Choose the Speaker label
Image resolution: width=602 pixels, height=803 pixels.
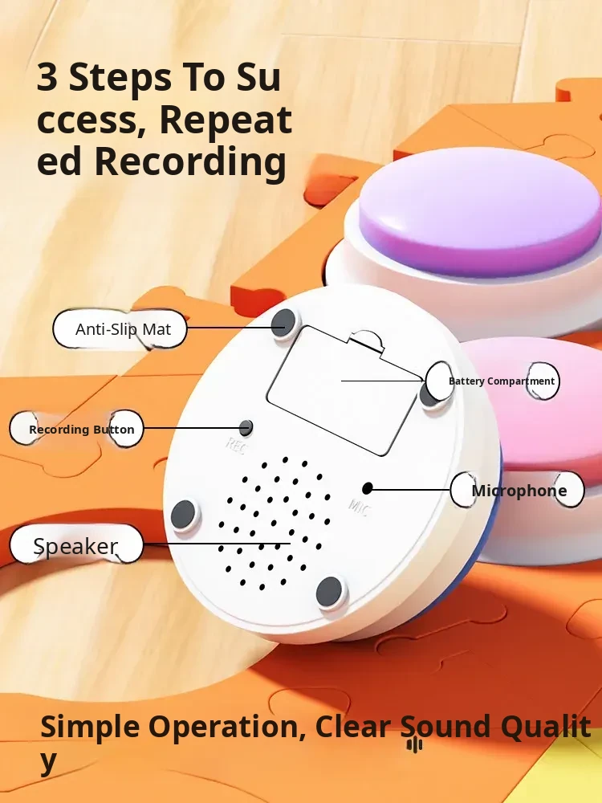click(x=76, y=545)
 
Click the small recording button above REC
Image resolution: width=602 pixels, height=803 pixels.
click(x=246, y=428)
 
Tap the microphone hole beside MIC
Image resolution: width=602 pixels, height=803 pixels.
click(x=367, y=488)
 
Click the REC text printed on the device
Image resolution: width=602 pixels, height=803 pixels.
click(x=237, y=446)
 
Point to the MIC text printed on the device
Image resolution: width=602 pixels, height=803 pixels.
click(x=360, y=507)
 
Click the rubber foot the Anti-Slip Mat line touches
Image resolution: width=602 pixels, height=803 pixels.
click(x=284, y=323)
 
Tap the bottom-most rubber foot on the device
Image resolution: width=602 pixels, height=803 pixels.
click(x=329, y=592)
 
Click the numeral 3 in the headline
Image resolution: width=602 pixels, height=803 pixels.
click(x=47, y=77)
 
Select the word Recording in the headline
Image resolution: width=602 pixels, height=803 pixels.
click(x=190, y=162)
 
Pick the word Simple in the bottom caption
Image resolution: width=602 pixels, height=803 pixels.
click(x=90, y=728)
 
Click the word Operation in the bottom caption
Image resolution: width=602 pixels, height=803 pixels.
click(x=227, y=728)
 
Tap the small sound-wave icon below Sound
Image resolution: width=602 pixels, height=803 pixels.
click(x=415, y=744)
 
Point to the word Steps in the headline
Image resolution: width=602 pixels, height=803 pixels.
click(x=120, y=78)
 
